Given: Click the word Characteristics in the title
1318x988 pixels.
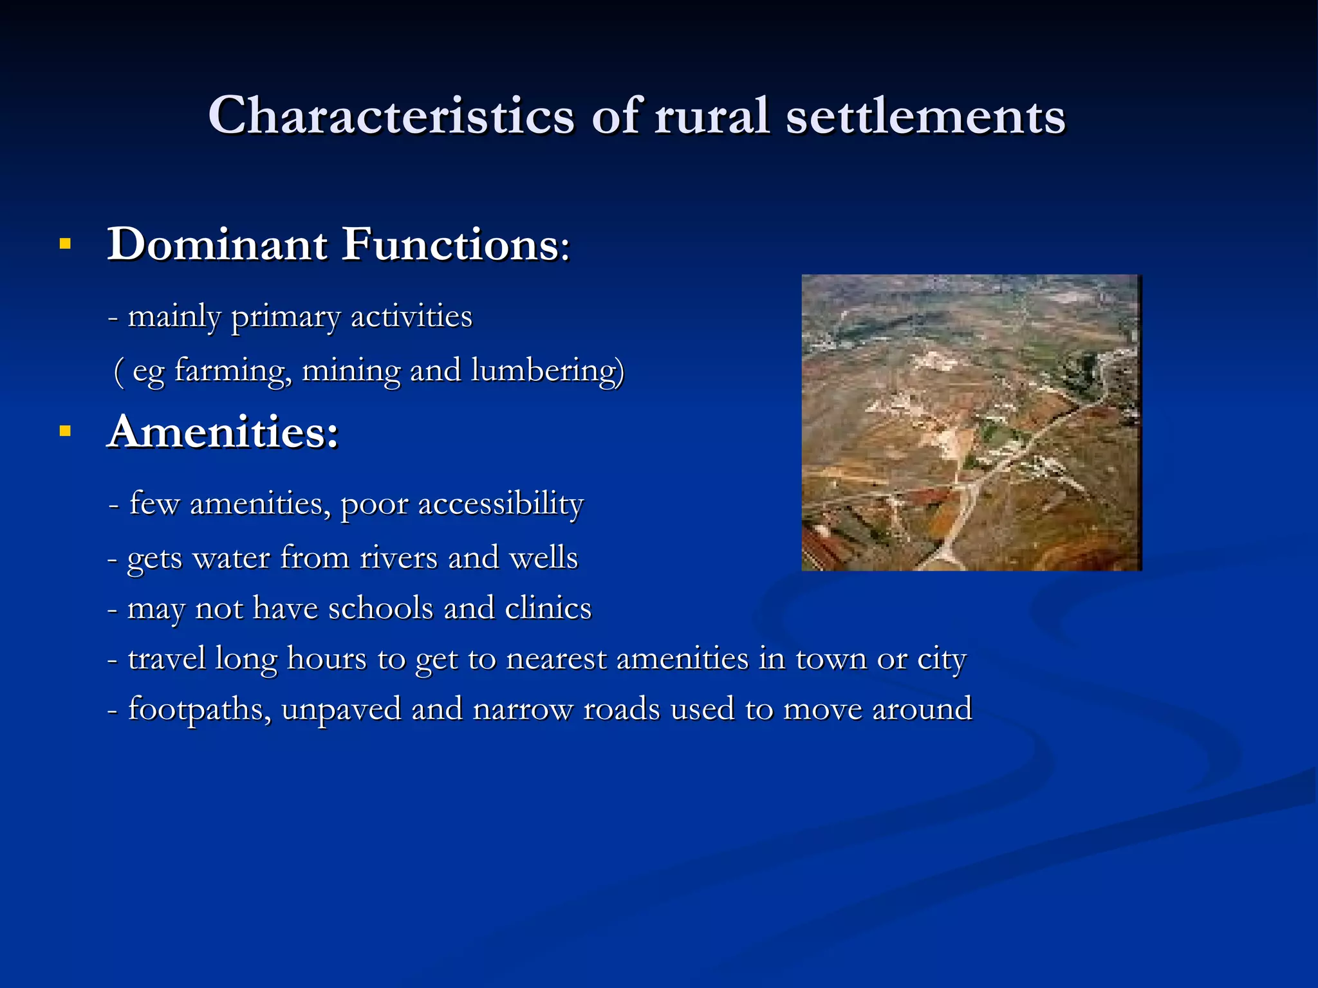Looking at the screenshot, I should [391, 116].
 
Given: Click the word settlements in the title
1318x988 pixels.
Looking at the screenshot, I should [925, 116].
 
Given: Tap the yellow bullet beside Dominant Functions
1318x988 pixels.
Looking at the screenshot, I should [65, 244].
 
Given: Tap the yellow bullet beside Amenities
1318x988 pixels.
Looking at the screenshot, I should [65, 431].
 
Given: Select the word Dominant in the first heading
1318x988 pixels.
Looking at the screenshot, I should [218, 244].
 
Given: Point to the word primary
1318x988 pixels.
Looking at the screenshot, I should [285, 316].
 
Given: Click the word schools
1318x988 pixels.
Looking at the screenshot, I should [380, 608].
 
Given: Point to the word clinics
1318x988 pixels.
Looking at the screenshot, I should [548, 608].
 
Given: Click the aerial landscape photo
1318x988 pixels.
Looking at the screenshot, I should [971, 422].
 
